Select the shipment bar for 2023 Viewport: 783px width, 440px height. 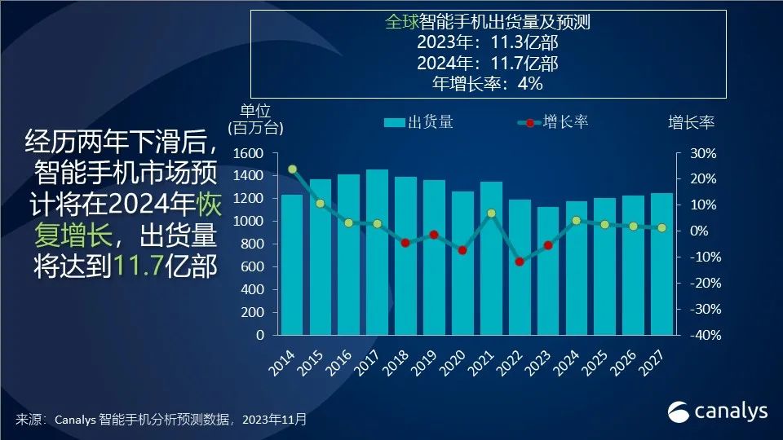(x=548, y=273)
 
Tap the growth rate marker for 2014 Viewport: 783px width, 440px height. (x=292, y=169)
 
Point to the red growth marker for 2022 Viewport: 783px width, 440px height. (x=520, y=262)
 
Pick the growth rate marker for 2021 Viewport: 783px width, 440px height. (x=491, y=213)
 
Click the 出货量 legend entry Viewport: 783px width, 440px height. (x=418, y=123)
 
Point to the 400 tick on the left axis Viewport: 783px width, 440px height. (x=253, y=289)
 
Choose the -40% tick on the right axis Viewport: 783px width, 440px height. (x=699, y=335)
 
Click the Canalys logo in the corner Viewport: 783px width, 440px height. (x=719, y=411)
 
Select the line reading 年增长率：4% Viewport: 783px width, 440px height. (x=487, y=83)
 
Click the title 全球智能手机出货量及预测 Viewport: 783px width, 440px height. (x=487, y=22)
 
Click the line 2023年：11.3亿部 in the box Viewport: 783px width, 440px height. (x=487, y=42)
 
